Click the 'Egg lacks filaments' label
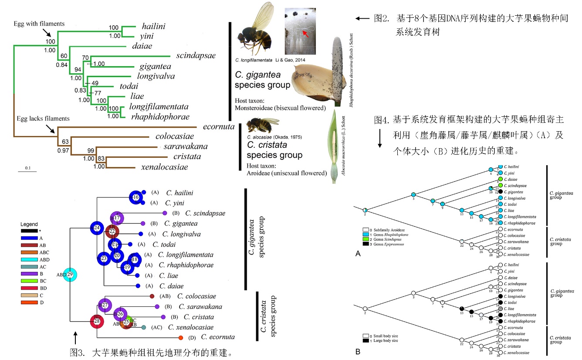click(x=43, y=118)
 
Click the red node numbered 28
click(x=97, y=321)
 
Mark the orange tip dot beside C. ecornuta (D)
click(x=180, y=337)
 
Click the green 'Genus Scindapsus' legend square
click(x=366, y=239)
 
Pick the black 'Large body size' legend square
click(x=366, y=341)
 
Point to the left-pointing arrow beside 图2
click(x=362, y=18)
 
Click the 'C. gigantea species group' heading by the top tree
click(x=262, y=79)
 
